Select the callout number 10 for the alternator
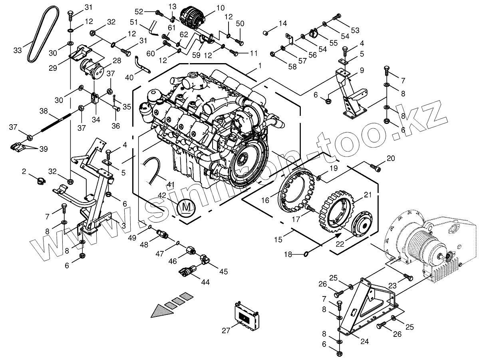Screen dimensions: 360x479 click(221, 8)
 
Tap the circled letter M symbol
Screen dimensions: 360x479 click(186, 207)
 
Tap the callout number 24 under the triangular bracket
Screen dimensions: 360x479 click(364, 342)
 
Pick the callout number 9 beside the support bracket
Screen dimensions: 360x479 click(362, 70)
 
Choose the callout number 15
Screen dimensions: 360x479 click(278, 239)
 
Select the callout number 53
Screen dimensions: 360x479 click(355, 30)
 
